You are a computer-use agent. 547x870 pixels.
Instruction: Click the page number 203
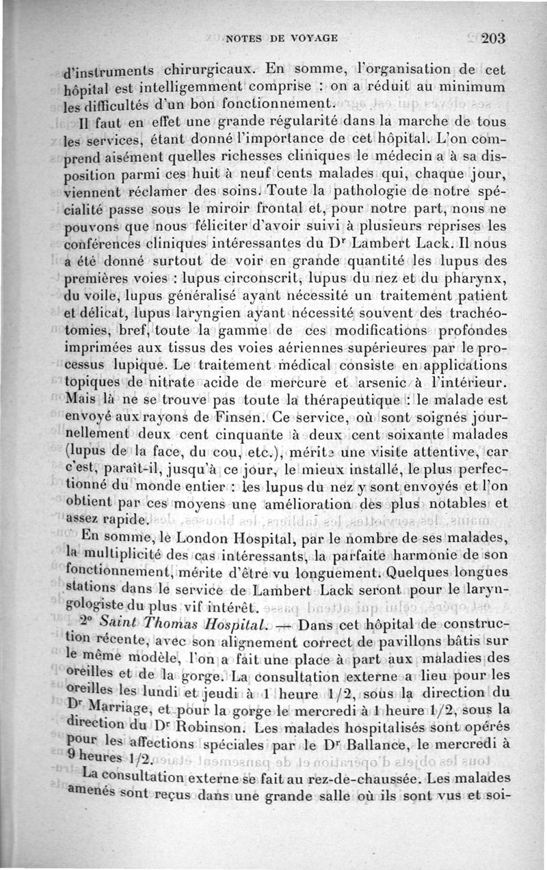492,38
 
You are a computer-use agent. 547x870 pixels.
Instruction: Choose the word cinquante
245,435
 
